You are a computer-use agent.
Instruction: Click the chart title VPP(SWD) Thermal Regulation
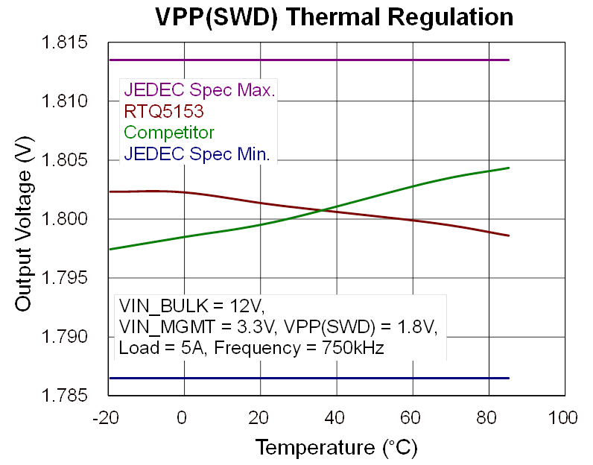(334, 16)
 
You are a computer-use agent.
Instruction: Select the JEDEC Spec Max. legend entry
(200, 91)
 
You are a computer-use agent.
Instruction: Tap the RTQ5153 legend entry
(164, 112)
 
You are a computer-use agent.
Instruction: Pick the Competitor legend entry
(169, 133)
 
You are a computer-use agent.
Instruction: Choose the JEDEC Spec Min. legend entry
(197, 155)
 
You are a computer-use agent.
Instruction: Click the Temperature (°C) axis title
(336, 447)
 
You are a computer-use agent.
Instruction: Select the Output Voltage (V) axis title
(24, 227)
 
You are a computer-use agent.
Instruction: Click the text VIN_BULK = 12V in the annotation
(191, 307)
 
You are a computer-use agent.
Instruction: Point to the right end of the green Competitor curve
(509, 168)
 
